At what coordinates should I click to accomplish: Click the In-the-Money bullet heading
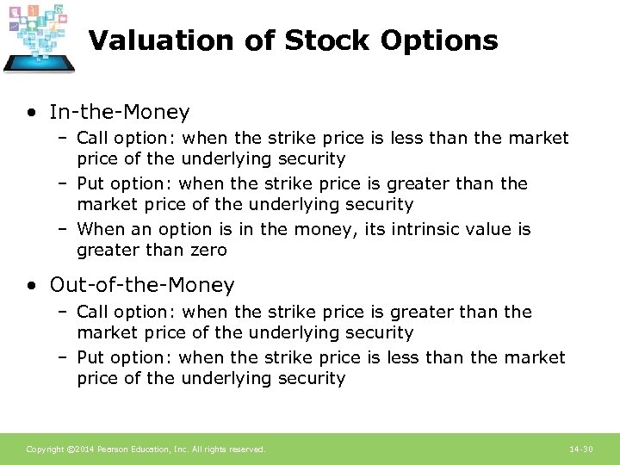point(120,112)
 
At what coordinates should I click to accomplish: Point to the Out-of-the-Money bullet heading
point(142,285)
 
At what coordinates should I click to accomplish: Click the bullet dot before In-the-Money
point(31,113)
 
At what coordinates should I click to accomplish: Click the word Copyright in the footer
point(43,449)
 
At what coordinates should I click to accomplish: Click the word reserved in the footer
point(247,449)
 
